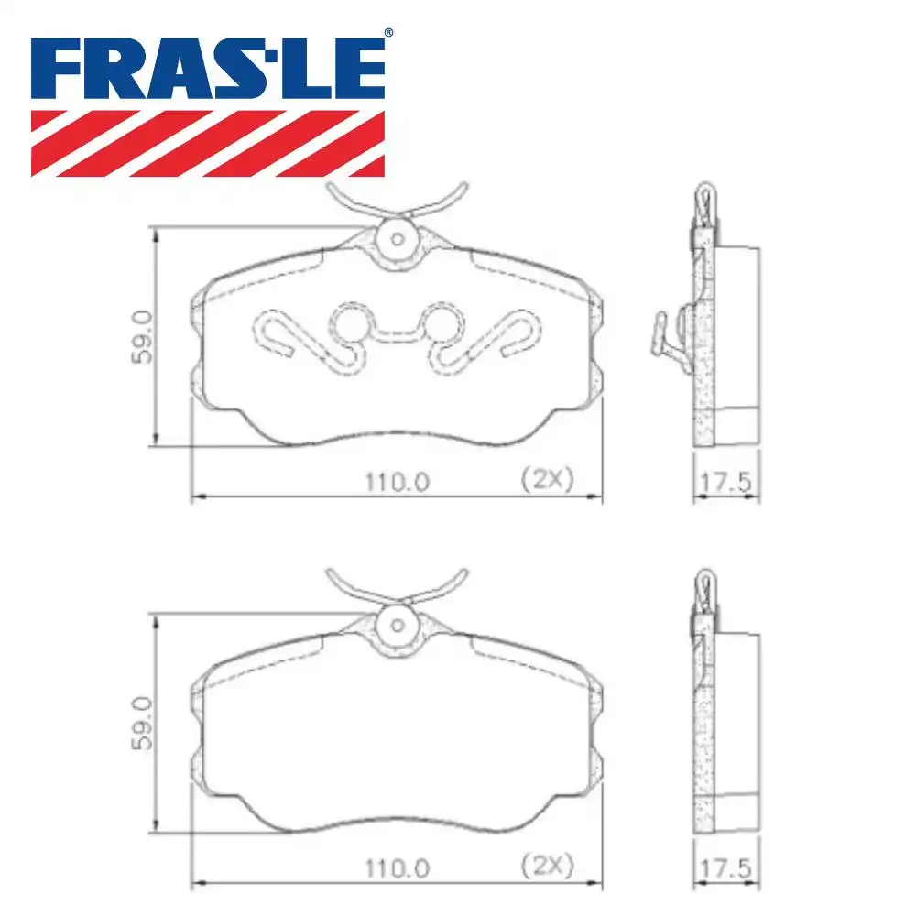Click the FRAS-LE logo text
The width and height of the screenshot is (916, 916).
[x=208, y=69]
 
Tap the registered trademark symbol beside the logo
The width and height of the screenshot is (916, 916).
[x=388, y=33]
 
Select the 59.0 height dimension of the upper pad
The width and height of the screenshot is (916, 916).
[x=142, y=337]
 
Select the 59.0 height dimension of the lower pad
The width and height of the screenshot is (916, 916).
[x=142, y=724]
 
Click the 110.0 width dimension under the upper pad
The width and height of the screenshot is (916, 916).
[x=398, y=482]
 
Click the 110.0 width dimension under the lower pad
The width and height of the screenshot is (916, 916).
[x=398, y=868]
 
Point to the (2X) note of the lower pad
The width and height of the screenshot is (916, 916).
[x=548, y=865]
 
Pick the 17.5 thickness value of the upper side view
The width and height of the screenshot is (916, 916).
[x=725, y=483]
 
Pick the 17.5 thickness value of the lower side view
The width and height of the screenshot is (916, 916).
[x=725, y=868]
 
